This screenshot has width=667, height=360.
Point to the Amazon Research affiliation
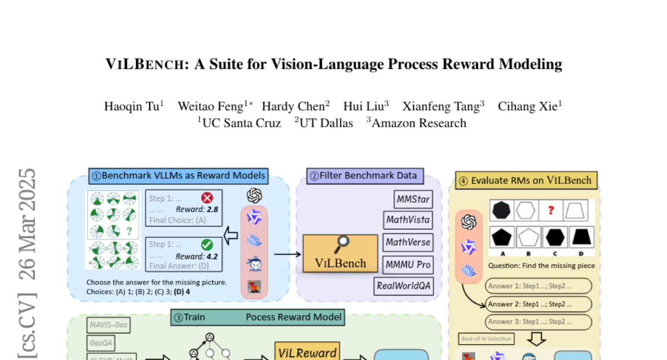coord(419,123)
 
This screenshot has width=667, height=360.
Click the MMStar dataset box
coord(412,199)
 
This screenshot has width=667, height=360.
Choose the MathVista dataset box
coord(408,220)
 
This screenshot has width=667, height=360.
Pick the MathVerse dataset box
coord(408,242)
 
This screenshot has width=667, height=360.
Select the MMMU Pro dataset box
coord(408,264)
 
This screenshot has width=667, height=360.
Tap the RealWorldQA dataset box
coord(404,286)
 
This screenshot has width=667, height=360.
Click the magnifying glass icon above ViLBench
coord(343,242)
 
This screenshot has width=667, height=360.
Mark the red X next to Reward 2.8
coord(207,198)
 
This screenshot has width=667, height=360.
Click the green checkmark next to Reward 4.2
coord(207,244)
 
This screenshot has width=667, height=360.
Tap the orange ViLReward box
coord(307,353)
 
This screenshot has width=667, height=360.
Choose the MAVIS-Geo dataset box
coord(109,325)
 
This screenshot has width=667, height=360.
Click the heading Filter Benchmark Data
coord(365,176)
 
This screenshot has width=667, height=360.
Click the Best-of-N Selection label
coord(486,338)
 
